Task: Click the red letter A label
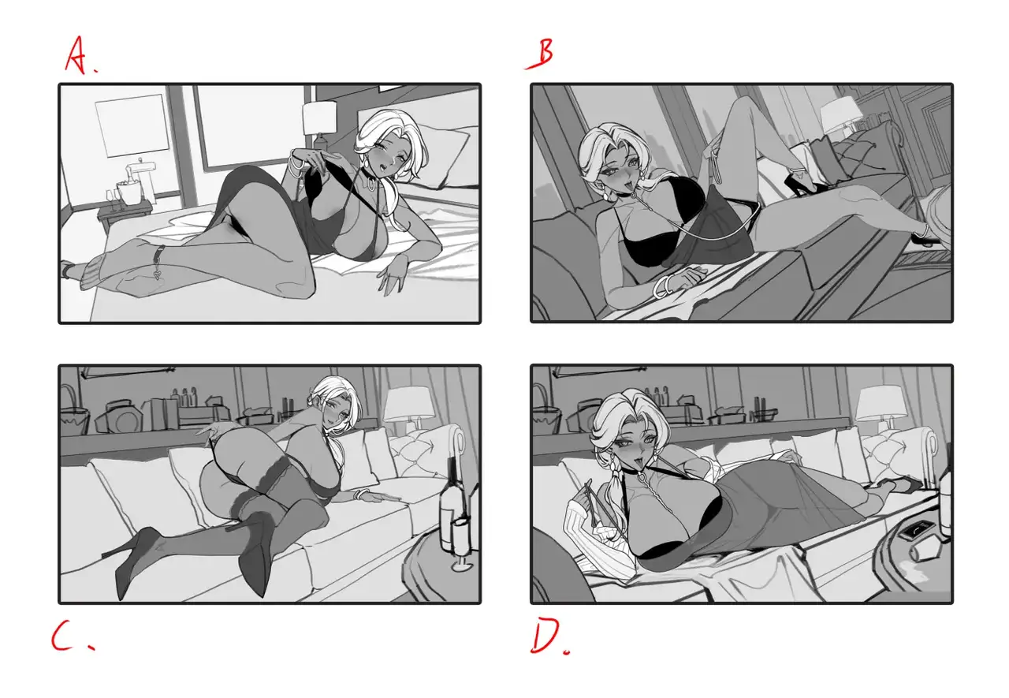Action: tap(76, 55)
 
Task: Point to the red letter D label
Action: tap(547, 636)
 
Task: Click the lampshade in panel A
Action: tap(319, 118)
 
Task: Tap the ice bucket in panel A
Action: tap(129, 193)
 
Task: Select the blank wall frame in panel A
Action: tap(132, 125)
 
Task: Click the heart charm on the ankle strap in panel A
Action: tap(157, 274)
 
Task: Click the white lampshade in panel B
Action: tap(841, 115)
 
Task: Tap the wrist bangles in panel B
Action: tap(661, 286)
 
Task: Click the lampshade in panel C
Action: tap(409, 402)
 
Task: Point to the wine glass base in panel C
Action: tap(462, 565)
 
